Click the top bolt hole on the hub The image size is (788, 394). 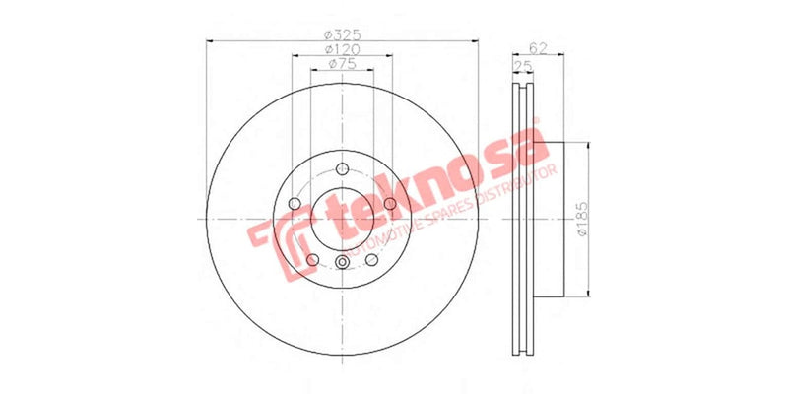coord(342,166)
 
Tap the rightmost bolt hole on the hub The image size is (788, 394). coord(390,203)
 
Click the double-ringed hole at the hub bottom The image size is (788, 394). coord(342,262)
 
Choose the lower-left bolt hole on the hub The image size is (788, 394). coord(311,260)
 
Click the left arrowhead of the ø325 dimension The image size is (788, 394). coord(208,40)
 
